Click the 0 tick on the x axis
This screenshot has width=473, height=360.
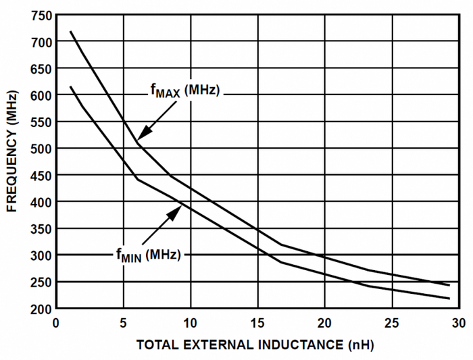(57, 322)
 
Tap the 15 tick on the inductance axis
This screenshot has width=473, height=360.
(257, 322)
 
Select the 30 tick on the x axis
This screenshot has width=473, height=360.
(459, 322)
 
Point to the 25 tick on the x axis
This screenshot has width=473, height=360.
(392, 322)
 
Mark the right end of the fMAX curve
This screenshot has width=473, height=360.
(449, 285)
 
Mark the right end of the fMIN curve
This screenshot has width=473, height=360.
(449, 299)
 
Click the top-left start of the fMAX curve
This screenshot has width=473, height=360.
(70, 31)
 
